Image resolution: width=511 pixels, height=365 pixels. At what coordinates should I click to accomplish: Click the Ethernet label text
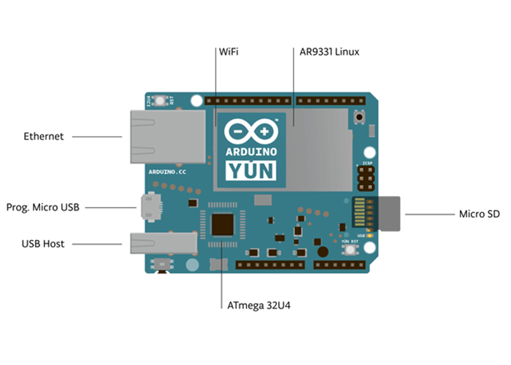click(x=44, y=137)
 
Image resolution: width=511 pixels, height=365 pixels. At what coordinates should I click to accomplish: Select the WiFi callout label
click(x=228, y=53)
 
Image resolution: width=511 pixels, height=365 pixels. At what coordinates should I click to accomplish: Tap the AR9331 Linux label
click(x=329, y=53)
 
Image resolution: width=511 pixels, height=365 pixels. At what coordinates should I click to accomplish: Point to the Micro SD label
click(x=480, y=214)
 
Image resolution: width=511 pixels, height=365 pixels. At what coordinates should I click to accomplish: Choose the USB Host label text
click(x=43, y=244)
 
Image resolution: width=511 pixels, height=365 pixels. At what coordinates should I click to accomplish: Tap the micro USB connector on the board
click(x=152, y=207)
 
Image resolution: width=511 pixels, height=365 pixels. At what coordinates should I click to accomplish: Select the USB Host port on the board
click(x=162, y=242)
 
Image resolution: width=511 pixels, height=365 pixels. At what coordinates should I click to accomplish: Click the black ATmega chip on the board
click(x=223, y=224)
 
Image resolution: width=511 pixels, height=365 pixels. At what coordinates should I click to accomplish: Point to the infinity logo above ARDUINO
click(x=251, y=131)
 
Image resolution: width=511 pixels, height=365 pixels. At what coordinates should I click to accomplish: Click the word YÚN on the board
click(x=251, y=172)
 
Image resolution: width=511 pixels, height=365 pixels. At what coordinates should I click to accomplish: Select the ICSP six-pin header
click(x=365, y=177)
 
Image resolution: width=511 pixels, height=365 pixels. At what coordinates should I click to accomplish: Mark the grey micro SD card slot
click(x=391, y=213)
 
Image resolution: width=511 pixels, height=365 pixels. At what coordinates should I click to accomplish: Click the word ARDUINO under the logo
click(x=251, y=151)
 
